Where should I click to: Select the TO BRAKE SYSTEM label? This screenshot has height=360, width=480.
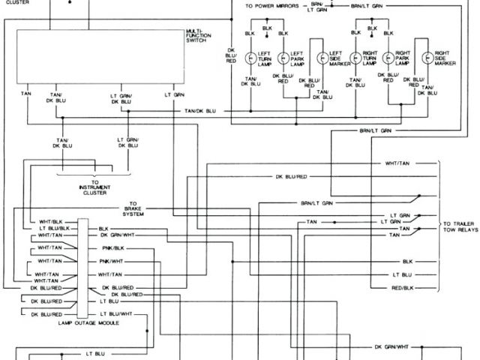133,208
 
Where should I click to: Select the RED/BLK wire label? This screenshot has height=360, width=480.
403,288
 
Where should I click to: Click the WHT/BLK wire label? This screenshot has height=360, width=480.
52,220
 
